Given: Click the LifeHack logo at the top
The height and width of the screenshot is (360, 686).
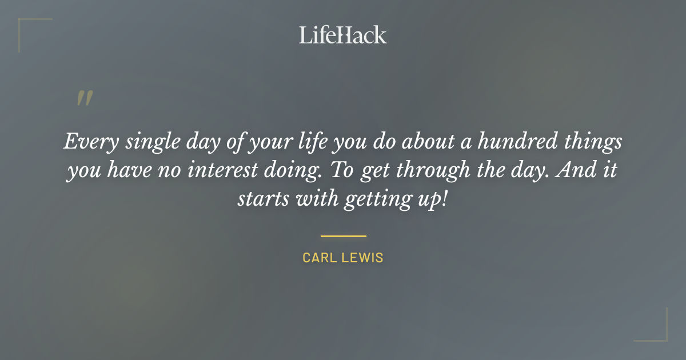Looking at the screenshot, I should click(x=343, y=35).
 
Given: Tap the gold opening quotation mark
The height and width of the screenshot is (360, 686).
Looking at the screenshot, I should click(x=84, y=99).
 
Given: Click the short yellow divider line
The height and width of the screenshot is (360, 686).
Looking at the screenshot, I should click(x=343, y=235).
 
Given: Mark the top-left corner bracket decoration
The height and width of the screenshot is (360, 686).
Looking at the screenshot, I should click(x=26, y=26).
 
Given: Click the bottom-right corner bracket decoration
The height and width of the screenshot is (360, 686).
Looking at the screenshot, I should click(x=660, y=334).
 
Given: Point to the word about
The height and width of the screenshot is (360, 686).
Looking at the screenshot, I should click(x=427, y=141).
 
